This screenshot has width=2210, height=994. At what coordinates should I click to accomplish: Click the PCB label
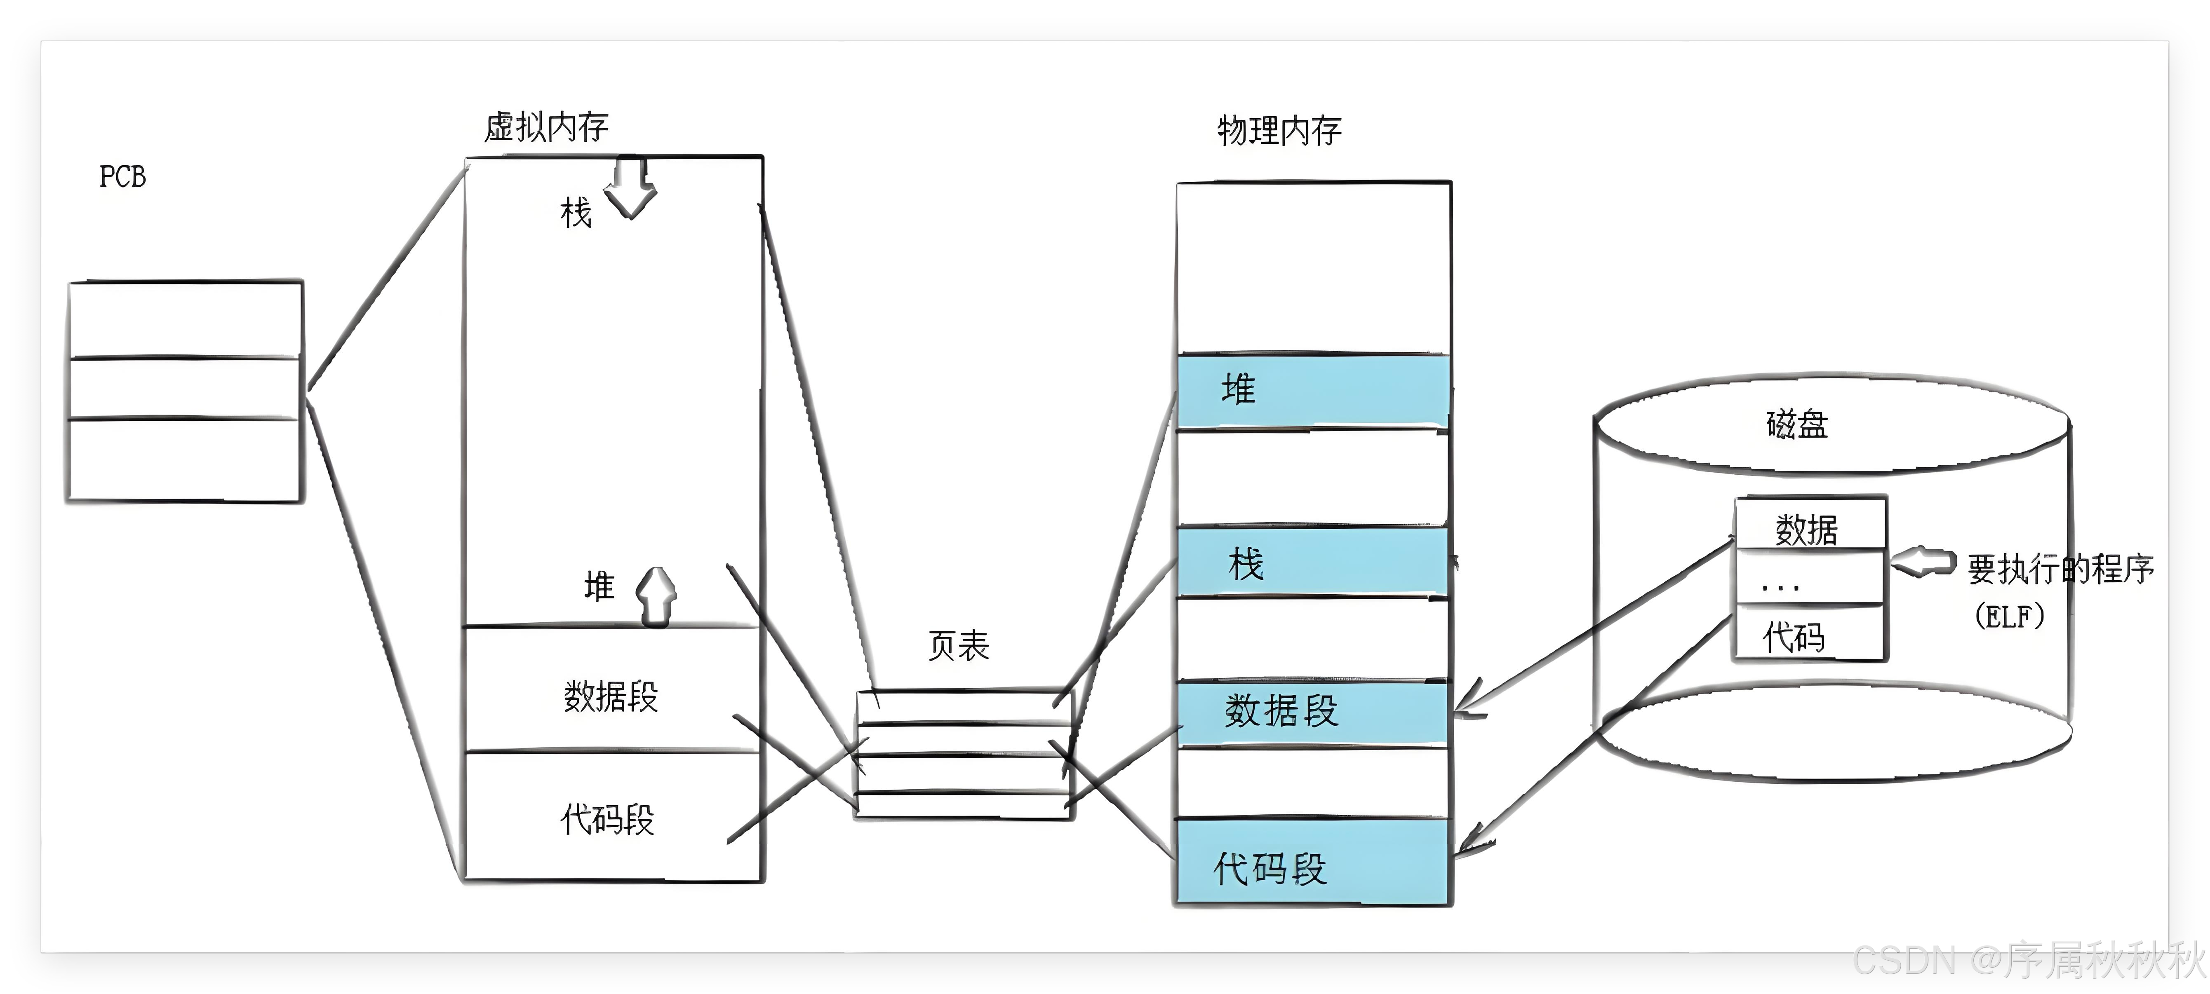123,177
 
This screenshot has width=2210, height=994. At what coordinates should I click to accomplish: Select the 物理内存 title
1279,130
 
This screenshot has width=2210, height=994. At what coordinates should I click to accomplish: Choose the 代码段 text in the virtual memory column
607,819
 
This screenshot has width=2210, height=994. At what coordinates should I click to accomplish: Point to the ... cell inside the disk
1780,584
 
